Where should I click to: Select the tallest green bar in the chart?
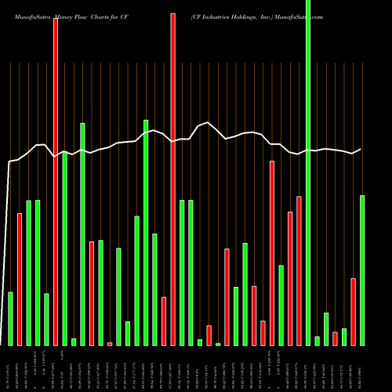(307, 172)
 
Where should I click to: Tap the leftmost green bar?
(10, 318)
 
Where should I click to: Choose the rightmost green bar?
(361, 270)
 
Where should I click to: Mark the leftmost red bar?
(20, 279)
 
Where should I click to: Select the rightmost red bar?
(353, 311)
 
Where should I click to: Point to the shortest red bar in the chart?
(110, 343)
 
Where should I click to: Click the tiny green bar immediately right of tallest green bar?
(317, 340)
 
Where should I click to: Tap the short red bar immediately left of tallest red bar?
(164, 321)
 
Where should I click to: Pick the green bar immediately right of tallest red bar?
(182, 272)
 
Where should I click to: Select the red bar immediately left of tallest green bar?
(299, 270)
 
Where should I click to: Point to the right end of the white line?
(361, 149)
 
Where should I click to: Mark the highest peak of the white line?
(207, 122)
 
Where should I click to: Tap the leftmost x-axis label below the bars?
(10, 368)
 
